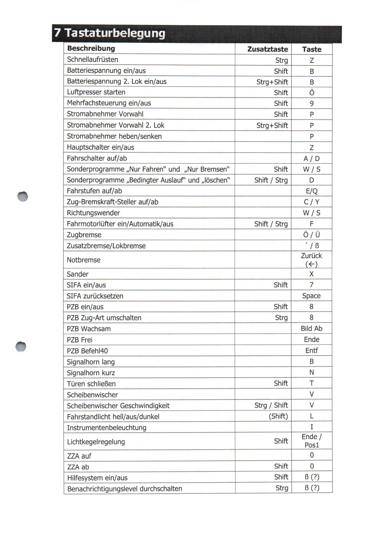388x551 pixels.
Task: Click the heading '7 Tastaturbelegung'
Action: point(110,33)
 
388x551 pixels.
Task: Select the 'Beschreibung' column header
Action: point(91,48)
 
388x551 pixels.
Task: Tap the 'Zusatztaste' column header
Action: point(267,49)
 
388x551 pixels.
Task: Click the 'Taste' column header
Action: point(312,49)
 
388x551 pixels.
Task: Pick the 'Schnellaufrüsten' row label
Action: point(92,60)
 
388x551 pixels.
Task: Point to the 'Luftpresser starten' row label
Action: point(96,92)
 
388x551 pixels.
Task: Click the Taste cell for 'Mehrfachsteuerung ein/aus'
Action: point(312,104)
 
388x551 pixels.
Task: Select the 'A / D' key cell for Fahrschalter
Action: point(312,158)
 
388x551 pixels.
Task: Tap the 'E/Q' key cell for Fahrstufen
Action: point(312,191)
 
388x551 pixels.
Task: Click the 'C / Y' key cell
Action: point(312,202)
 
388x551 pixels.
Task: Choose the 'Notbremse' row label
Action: point(84,260)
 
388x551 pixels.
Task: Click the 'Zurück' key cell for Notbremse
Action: point(312,260)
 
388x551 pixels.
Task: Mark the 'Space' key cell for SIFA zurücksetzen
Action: point(312,296)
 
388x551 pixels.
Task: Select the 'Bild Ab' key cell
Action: point(312,329)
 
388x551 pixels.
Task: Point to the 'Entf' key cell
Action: point(312,351)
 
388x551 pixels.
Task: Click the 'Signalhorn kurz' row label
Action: point(91,373)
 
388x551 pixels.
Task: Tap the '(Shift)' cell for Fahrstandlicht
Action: point(278,416)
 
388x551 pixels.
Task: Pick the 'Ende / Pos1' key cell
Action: point(312,441)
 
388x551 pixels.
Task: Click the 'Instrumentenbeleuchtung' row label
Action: point(107,428)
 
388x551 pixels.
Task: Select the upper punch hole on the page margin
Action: point(23,197)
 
